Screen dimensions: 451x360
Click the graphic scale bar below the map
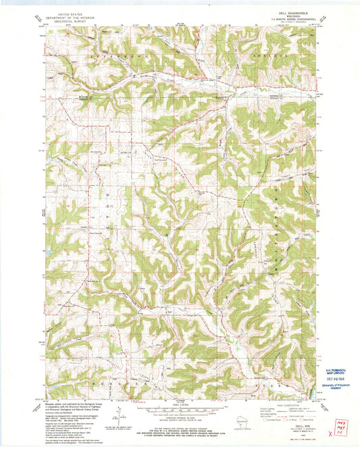pos(179,408)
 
